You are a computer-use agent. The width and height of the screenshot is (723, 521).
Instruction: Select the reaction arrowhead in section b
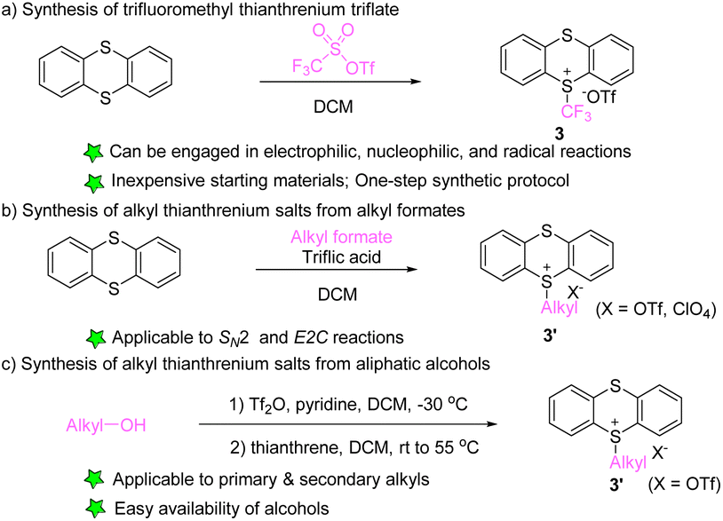click(x=411, y=260)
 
